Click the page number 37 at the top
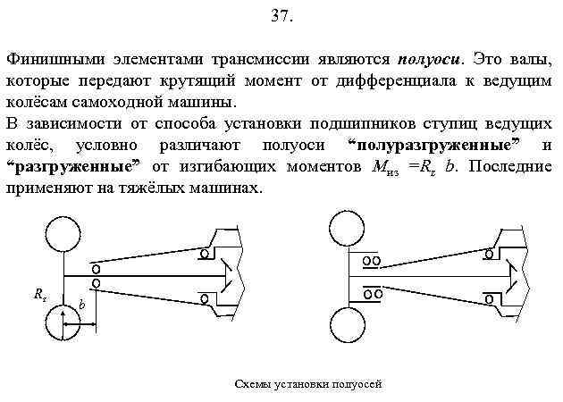point(281,17)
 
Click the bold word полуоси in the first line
point(429,59)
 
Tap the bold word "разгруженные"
point(75,166)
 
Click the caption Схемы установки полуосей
point(307,383)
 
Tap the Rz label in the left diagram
point(40,294)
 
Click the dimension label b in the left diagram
point(81,305)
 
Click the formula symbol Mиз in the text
point(374,167)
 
